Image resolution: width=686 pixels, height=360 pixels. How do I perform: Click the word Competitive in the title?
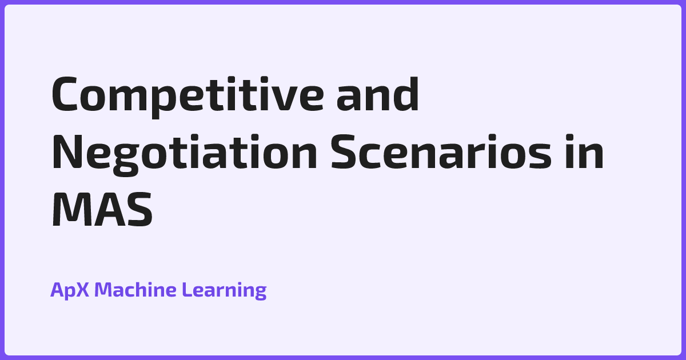pos(188,97)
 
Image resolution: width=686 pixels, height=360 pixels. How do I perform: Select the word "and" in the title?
pos(378,94)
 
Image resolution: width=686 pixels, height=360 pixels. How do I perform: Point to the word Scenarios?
pos(441,151)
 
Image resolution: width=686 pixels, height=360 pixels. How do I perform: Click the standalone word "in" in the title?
pos(584,151)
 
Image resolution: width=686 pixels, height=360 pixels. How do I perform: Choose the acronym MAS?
pos(102,209)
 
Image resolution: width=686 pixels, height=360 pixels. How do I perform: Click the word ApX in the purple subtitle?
pos(70,290)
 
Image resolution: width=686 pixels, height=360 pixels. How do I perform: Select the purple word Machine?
pos(135,289)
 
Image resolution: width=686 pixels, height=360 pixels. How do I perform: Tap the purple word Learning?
pos(224,290)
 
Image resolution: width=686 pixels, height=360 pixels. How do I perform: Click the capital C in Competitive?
pos(64,94)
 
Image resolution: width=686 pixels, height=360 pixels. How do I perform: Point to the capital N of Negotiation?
pos(67,151)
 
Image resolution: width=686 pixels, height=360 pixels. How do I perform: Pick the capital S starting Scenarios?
pos(343,151)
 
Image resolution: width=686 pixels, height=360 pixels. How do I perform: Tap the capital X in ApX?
pos(82,290)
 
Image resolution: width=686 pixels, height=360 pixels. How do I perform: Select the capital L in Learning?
pos(188,290)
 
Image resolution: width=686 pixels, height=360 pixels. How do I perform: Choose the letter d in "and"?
pos(406,94)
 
